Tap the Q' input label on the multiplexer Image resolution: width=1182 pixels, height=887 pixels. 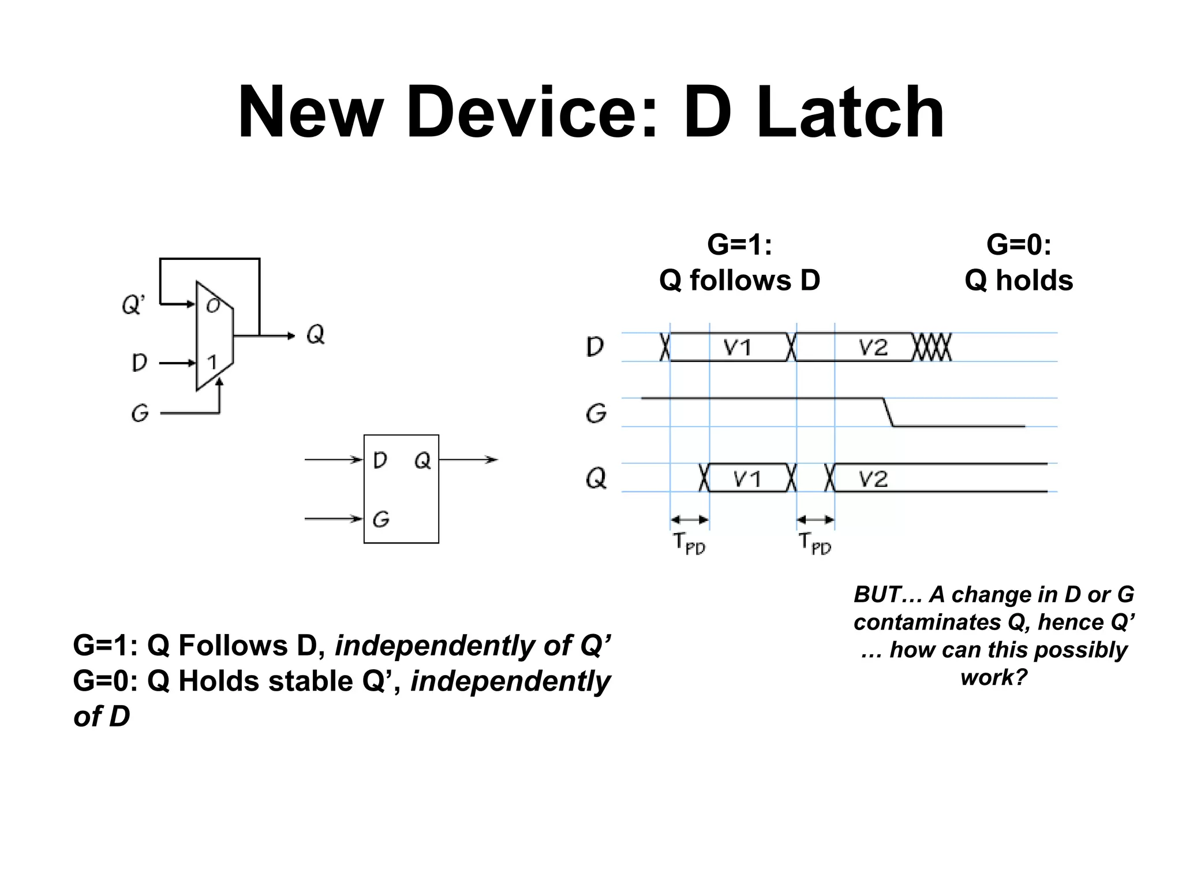coord(133,304)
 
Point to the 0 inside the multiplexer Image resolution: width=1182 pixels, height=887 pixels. coord(213,305)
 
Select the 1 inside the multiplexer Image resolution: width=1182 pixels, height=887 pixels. coord(212,363)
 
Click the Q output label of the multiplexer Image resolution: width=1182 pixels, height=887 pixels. coord(316,334)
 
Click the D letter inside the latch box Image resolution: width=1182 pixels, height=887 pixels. coord(380,460)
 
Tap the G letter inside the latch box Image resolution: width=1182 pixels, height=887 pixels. coord(381,519)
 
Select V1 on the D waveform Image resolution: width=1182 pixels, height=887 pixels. coord(737,348)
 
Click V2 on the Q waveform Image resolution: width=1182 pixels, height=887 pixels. coord(872,479)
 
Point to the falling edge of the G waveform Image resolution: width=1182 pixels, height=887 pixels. coord(888,412)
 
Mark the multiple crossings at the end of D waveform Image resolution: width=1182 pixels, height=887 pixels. coord(932,347)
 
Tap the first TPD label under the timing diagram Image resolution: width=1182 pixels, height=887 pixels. coord(689,543)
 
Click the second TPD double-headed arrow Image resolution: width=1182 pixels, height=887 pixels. coord(816,520)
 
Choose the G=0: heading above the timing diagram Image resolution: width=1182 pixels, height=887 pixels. coord(1019,244)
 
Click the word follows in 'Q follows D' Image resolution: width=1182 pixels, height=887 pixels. coord(740,281)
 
